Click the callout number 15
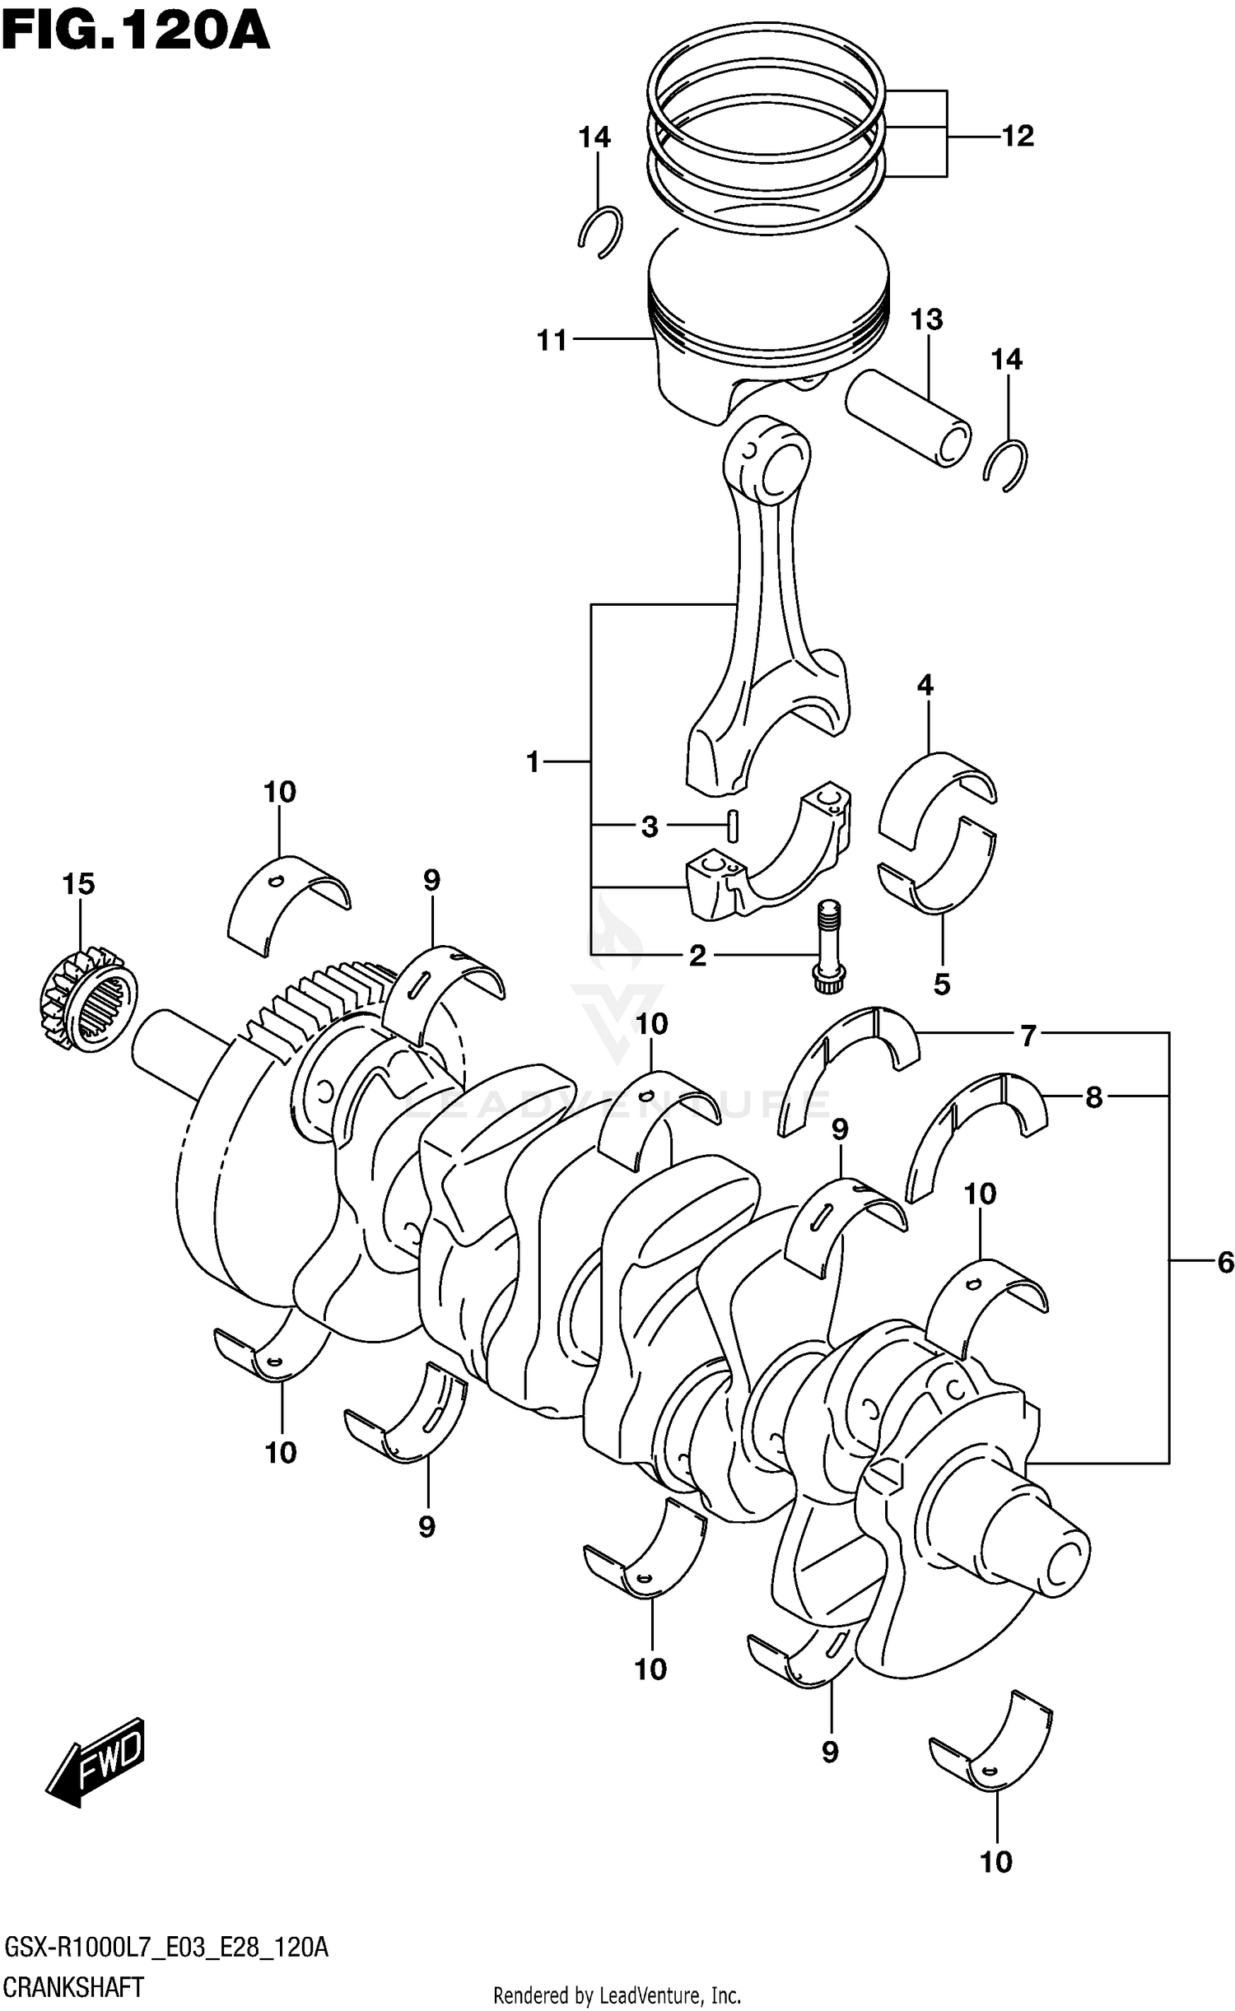(78, 884)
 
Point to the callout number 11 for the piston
(552, 339)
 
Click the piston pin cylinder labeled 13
(907, 417)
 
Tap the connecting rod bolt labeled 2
(827, 947)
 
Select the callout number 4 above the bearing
(925, 685)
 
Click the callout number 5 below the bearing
(941, 984)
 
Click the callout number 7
(1028, 1036)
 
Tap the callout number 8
(1093, 1096)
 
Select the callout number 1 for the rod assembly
(533, 762)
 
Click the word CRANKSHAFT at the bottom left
(73, 1981)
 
